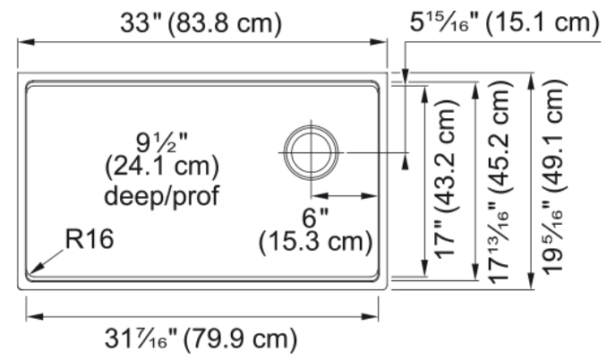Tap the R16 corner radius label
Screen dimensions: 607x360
[x=90, y=238]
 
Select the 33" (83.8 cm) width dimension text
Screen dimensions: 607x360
[x=201, y=23]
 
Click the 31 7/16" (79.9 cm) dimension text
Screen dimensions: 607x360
[x=201, y=339]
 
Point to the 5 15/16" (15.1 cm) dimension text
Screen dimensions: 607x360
[x=504, y=21]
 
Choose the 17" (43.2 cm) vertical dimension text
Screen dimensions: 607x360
[x=447, y=179]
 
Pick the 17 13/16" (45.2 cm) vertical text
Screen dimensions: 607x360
[x=500, y=182]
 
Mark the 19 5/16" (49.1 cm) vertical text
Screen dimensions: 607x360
[x=554, y=177]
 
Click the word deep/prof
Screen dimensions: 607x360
[x=161, y=195]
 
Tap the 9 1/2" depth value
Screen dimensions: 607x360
[x=161, y=142]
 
